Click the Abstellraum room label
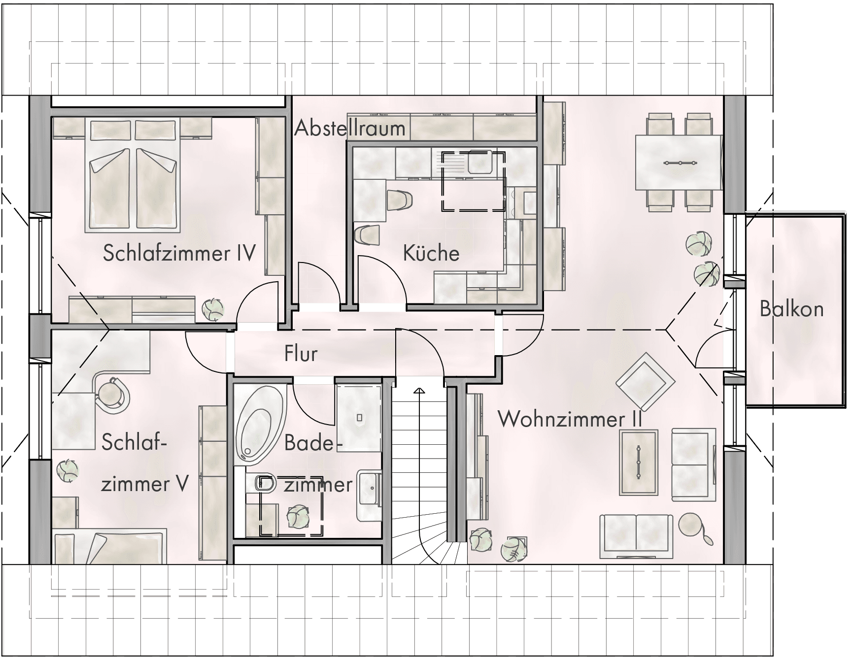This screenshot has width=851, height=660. tap(350, 129)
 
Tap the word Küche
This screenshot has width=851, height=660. tap(431, 253)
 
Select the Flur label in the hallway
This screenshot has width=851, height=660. tap(301, 354)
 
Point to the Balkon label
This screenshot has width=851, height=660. tap(791, 309)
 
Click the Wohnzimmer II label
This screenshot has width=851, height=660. tap(570, 419)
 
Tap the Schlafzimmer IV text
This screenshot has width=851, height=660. tap(179, 253)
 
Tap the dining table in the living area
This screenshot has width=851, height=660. tap(679, 163)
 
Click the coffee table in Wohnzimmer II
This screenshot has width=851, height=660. tap(639, 462)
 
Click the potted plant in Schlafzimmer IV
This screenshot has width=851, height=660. tap(213, 309)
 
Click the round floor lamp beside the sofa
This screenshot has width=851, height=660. tap(690, 525)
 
